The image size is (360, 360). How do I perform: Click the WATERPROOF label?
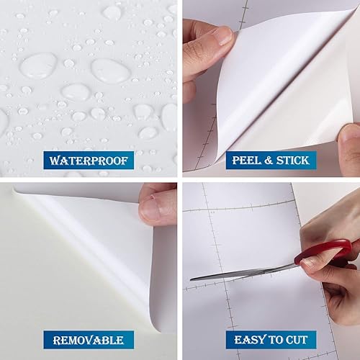(89, 159)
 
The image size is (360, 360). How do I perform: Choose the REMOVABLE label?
(89, 339)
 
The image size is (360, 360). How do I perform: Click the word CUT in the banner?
(294, 339)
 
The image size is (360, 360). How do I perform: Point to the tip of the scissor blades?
(192, 277)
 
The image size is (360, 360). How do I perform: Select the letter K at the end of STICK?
(309, 159)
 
